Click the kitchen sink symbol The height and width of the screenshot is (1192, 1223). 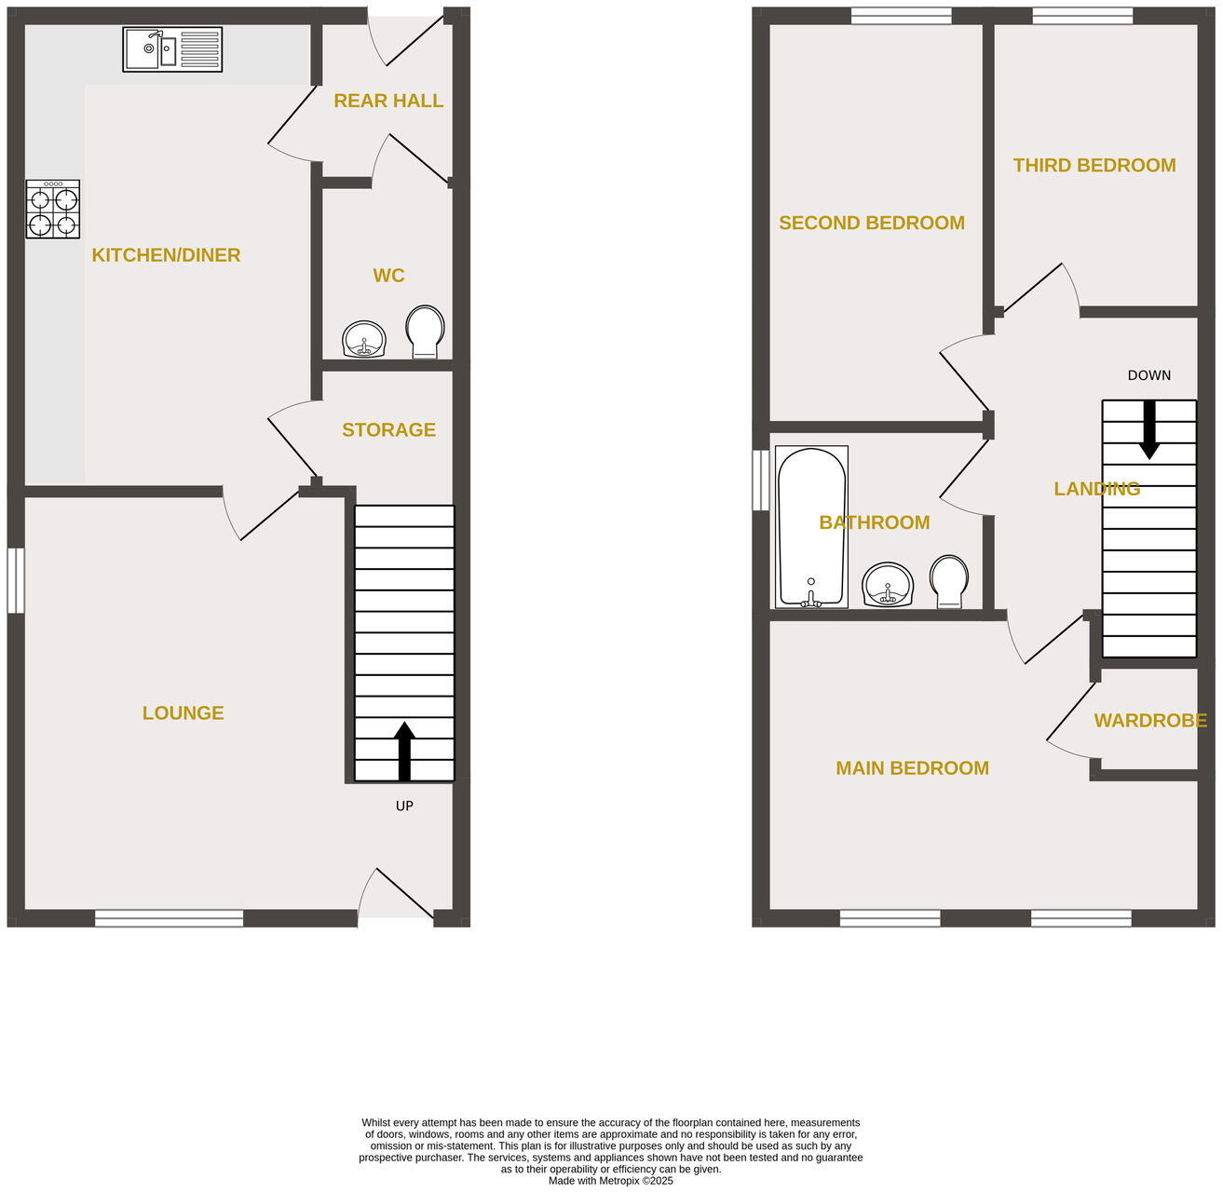coord(172,49)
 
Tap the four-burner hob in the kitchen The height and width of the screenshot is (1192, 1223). coord(53,210)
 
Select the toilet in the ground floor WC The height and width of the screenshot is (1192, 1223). coord(425,332)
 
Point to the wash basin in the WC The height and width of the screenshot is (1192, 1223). coord(364,340)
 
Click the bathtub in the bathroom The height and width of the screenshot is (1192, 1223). coord(811,527)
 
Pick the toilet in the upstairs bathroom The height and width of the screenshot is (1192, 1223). coord(949,582)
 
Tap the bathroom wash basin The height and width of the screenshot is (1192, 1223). coord(888,584)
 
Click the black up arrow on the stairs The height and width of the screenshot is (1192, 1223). coord(404,750)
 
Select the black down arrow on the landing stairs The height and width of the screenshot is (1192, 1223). coord(1149,429)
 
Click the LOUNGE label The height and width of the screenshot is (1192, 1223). coord(183,713)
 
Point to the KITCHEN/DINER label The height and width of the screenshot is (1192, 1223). coord(166,255)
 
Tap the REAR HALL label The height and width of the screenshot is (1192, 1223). coord(388,101)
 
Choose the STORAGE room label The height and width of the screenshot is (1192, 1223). coord(388,429)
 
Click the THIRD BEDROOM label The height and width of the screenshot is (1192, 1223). coord(1094,166)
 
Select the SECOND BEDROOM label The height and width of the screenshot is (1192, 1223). coord(871,223)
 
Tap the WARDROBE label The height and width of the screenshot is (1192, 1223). coord(1149,721)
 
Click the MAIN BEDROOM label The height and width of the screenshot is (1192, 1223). coord(912,768)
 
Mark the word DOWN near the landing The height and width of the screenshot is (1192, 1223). coord(1148,375)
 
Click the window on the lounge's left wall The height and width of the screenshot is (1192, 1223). coord(16,580)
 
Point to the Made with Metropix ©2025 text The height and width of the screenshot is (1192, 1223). coord(610,1181)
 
